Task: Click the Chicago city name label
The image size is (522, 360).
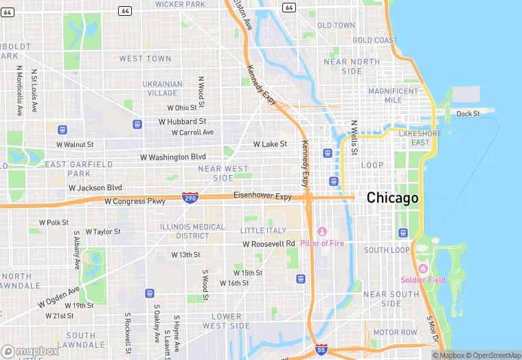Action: pos(392,198)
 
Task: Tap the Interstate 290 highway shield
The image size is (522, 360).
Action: pos(190,197)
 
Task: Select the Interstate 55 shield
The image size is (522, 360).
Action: pos(321,350)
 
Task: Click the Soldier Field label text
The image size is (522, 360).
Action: pos(423,280)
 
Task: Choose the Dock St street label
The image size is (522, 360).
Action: pos(468,113)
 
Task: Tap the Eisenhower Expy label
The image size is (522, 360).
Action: pos(262,196)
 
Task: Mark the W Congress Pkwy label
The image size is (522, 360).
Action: pos(135,201)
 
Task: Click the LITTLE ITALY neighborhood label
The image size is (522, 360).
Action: pos(263,230)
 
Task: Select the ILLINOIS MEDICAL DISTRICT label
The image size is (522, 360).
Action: pos(192,231)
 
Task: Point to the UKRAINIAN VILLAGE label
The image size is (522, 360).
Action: pos(162,89)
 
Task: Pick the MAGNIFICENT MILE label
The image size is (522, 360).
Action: pos(393,95)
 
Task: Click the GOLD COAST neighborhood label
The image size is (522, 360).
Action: pos(375,41)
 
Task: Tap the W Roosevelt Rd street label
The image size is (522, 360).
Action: pos(269,244)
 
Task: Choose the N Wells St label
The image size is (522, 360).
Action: pos(354,137)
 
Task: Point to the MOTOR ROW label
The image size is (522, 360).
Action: pos(395,333)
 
